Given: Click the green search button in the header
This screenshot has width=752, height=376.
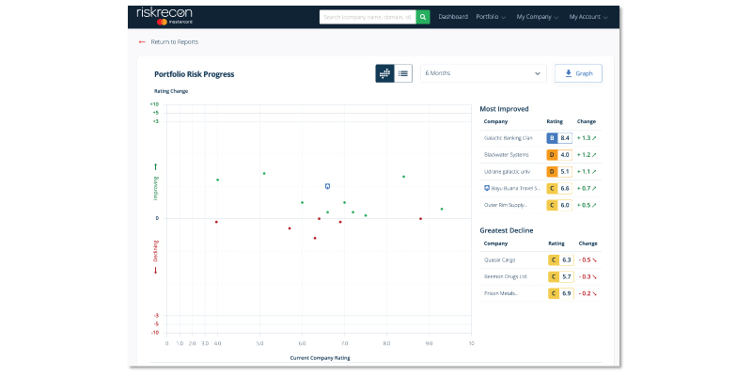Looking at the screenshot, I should click(424, 17).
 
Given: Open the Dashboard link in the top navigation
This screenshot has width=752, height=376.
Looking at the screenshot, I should click(453, 17).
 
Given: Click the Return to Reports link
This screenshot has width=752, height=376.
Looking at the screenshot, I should click(174, 42).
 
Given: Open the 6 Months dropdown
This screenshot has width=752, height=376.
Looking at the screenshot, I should click(483, 73).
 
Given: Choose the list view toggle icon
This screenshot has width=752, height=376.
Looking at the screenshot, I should click(404, 73).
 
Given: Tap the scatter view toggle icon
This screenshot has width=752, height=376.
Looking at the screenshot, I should click(384, 73).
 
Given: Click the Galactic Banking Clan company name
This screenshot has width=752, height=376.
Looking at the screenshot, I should click(508, 138).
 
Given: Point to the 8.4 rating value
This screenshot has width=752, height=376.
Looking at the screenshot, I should click(565, 138).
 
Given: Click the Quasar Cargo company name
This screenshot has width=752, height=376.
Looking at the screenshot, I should click(501, 259).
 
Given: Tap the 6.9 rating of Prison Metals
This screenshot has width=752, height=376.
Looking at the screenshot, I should click(565, 294).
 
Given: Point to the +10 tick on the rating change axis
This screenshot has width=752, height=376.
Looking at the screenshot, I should click(154, 104).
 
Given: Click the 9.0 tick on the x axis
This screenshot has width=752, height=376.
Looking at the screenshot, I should click(430, 343).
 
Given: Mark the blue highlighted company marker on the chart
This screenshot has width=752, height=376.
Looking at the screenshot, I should click(327, 186).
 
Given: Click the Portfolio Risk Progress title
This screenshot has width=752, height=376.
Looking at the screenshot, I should click(194, 74).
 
